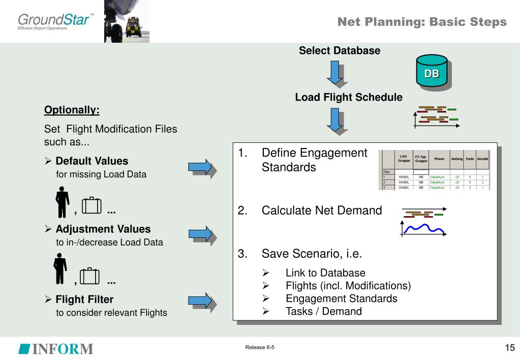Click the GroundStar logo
click(55, 22)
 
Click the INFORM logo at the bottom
click(56, 349)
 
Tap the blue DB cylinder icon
click(432, 73)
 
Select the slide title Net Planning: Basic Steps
click(422, 22)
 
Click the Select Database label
click(340, 51)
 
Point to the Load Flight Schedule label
click(349, 97)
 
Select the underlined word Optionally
click(72, 110)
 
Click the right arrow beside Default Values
click(202, 168)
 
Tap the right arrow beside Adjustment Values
click(202, 234)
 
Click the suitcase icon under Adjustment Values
click(91, 276)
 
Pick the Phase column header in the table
click(439, 159)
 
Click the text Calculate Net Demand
click(321, 211)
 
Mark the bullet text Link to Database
click(325, 273)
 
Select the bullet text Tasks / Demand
click(324, 311)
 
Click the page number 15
click(510, 348)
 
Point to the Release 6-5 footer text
click(260, 348)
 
